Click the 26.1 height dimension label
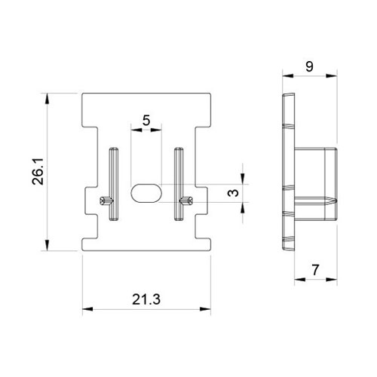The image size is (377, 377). (x=38, y=172)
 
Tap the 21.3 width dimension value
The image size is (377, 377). (x=146, y=299)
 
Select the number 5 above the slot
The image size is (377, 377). (x=146, y=121)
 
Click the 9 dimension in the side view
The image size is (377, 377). (x=309, y=66)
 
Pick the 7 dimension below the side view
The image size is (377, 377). (x=315, y=270)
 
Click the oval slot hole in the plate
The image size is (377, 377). (x=146, y=193)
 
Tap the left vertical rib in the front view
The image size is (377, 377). (x=114, y=184)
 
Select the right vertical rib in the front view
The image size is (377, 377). (x=179, y=184)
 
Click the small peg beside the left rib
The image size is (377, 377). (x=106, y=201)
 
